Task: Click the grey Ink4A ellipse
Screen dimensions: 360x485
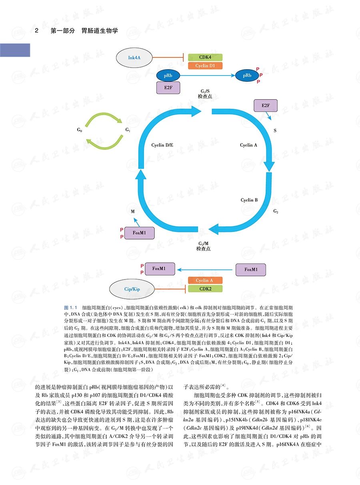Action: (134, 58)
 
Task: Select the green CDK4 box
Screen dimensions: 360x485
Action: (205, 58)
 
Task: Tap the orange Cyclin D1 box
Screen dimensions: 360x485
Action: (205, 66)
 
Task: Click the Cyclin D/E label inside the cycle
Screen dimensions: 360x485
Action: (162, 145)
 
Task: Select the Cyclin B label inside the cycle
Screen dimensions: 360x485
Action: (249, 200)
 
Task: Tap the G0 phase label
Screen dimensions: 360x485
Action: (80, 130)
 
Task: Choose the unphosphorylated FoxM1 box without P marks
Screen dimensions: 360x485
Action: (251, 269)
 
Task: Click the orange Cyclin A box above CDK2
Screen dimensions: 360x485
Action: (205, 281)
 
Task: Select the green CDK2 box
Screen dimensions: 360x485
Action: (205, 289)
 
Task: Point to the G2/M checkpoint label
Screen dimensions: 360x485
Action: (204, 246)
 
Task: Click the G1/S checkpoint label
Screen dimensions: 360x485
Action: (205, 94)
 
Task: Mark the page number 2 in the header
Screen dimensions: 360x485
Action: (36, 30)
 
